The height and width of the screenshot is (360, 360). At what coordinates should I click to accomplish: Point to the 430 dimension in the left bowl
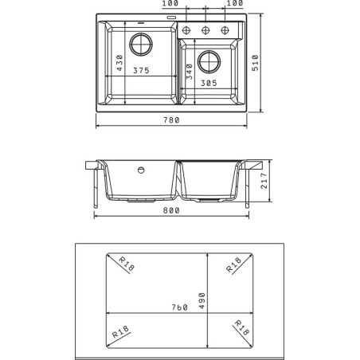click(119, 61)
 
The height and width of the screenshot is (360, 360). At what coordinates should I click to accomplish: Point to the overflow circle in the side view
click(141, 170)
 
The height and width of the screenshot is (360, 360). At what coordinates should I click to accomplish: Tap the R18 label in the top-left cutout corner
click(125, 264)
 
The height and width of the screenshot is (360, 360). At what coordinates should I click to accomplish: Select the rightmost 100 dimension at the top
click(234, 4)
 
